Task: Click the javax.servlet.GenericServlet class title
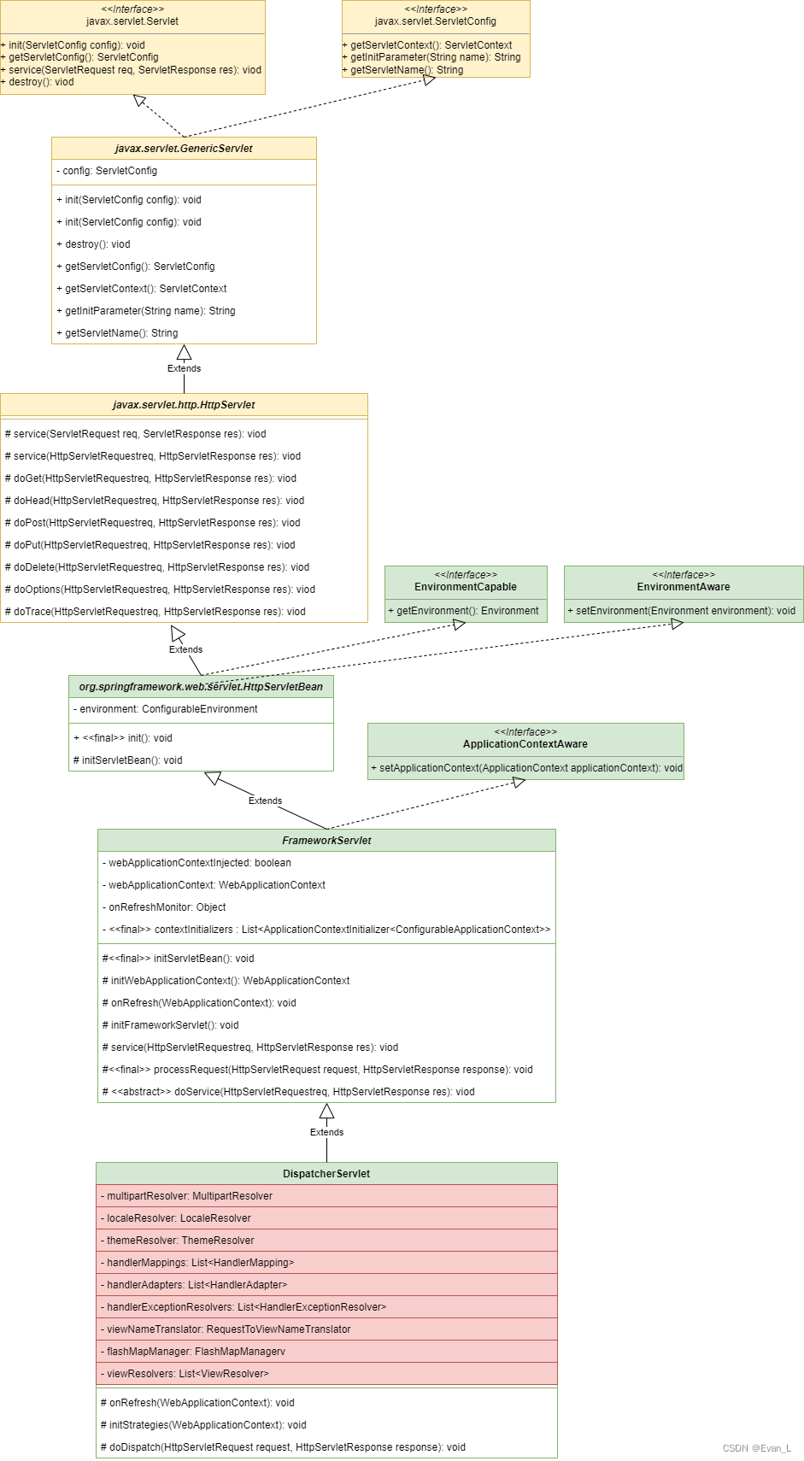pyautogui.click(x=184, y=149)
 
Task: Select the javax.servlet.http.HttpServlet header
pyautogui.click(x=184, y=405)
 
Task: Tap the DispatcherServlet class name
pyautogui.click(x=326, y=1174)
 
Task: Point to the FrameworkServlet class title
pyautogui.click(x=326, y=841)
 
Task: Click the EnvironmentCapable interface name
pyautogui.click(x=466, y=587)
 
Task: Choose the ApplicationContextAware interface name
pyautogui.click(x=525, y=744)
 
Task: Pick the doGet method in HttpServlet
pyautogui.click(x=151, y=478)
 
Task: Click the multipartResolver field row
pyautogui.click(x=186, y=1196)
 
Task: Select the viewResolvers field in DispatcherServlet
pyautogui.click(x=185, y=1374)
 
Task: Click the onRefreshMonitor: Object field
pyautogui.click(x=164, y=907)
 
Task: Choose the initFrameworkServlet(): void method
pyautogui.click(x=171, y=1025)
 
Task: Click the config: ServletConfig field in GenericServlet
pyautogui.click(x=107, y=171)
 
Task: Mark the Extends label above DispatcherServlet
pyautogui.click(x=326, y=1132)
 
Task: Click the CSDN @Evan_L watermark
pyautogui.click(x=756, y=1448)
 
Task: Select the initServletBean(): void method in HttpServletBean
pyautogui.click(x=128, y=760)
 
